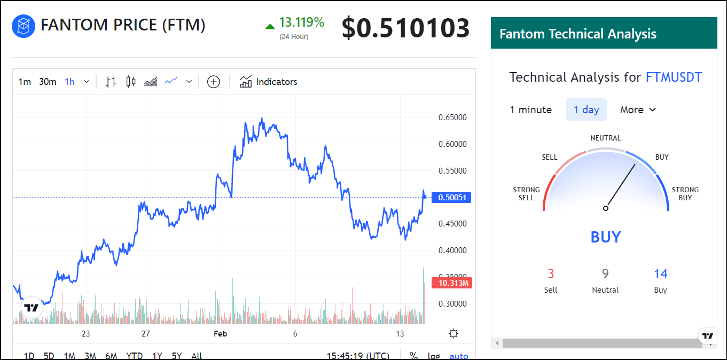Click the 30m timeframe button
pos(48,82)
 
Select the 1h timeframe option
pos(70,82)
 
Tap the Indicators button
pos(269,82)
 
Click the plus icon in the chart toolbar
pos(214,82)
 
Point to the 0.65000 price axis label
pos(452,118)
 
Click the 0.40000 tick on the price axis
pos(452,251)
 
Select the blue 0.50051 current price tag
pos(452,198)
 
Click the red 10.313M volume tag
pos(453,283)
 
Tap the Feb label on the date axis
pos(220,334)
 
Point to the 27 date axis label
pos(145,334)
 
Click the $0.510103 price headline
pos(405,28)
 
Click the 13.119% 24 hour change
pos(301,22)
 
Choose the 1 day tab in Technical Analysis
pos(586,110)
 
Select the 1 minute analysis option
pos(530,110)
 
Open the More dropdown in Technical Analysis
pos(638,110)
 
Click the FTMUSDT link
pos(674,77)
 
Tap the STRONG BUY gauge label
pos(685,193)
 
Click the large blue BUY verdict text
pos(606,237)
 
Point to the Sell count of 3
pos(551,275)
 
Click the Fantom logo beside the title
pos(24,26)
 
